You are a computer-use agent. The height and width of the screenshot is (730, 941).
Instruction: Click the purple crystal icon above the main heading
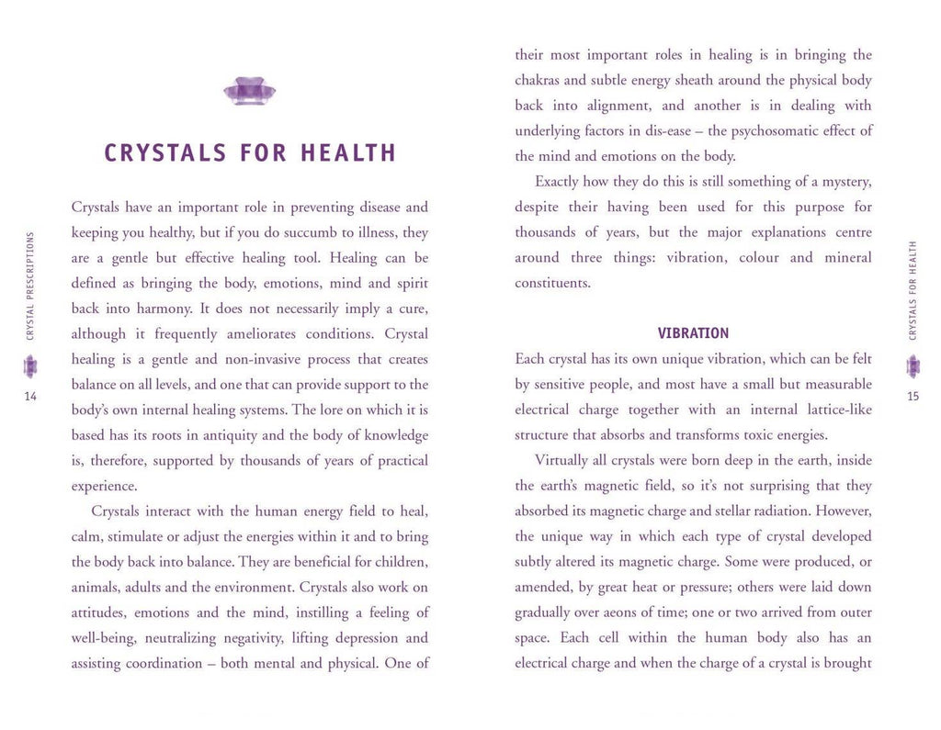249,91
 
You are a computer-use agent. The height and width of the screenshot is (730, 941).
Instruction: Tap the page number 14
30,396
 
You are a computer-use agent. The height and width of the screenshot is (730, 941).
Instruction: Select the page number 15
912,396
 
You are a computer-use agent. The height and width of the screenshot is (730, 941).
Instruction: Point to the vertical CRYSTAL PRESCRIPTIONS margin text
30,286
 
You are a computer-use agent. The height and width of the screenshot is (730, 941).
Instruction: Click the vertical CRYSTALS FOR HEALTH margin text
913,290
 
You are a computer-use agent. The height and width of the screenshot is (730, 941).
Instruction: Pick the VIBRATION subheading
693,333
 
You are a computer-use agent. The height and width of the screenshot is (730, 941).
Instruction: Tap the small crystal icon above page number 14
30,367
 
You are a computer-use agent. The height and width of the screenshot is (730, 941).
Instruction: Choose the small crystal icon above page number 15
913,367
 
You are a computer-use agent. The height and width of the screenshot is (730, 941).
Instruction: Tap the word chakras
540,81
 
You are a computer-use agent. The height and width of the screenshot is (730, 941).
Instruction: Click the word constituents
552,283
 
